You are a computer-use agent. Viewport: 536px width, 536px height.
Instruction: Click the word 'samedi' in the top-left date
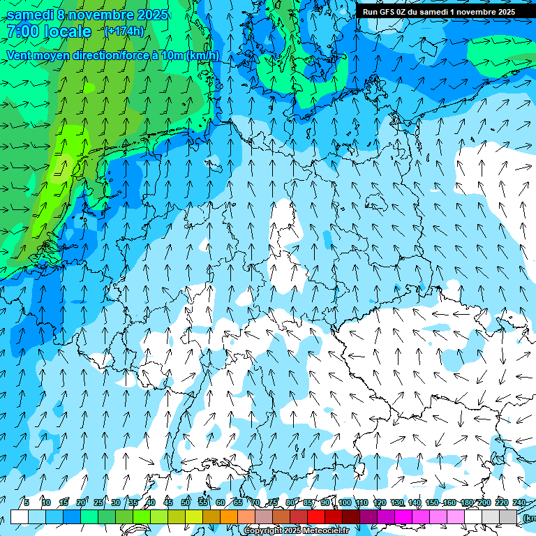click(x=31, y=15)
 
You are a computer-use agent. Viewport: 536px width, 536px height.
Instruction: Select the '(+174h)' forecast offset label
click(x=124, y=31)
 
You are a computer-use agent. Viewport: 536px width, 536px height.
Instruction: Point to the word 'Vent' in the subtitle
click(x=22, y=55)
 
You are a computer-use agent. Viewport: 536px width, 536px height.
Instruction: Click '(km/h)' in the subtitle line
click(x=202, y=55)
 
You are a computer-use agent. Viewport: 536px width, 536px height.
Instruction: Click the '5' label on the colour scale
click(x=27, y=502)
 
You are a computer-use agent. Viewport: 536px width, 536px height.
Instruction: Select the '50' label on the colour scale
click(x=186, y=502)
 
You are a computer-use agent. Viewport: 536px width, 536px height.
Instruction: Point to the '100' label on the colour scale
click(x=345, y=502)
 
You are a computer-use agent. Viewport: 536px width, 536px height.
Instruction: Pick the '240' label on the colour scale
click(x=519, y=502)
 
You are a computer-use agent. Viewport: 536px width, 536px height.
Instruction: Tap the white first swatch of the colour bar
click(x=20, y=516)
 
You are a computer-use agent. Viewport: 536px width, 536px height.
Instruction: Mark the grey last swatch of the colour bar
click(x=508, y=516)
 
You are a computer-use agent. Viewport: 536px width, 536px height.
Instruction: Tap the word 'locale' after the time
click(x=68, y=31)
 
